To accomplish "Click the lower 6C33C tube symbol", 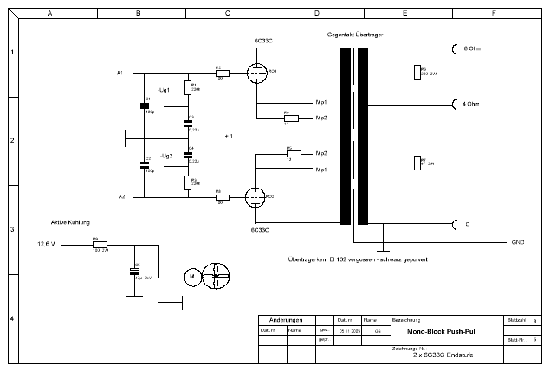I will coord(256,197).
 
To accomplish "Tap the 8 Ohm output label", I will coord(473,49).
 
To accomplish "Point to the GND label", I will coord(518,243).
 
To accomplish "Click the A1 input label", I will coord(120,72).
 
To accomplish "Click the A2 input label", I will coord(121,197).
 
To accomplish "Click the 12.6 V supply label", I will coord(45,244).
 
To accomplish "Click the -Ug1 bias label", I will coord(165,90).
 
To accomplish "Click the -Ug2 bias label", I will coord(166,156).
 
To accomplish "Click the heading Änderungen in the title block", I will coord(286,319).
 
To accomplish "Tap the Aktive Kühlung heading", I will coord(70,221).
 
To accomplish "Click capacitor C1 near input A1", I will coord(145,106).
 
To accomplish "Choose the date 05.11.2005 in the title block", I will coord(348,330).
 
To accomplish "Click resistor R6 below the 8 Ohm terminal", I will coord(417,71).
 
